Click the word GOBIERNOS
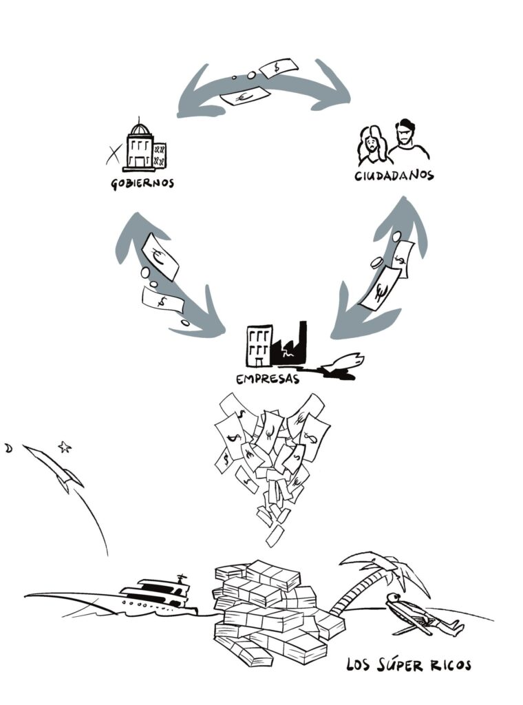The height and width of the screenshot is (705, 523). (142, 184)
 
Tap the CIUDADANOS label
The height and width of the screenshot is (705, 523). (394, 176)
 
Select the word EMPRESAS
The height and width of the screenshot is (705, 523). (268, 379)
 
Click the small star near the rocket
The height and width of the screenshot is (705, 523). (65, 447)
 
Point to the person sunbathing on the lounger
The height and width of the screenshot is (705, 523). (420, 614)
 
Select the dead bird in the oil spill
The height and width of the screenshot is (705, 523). (348, 363)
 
